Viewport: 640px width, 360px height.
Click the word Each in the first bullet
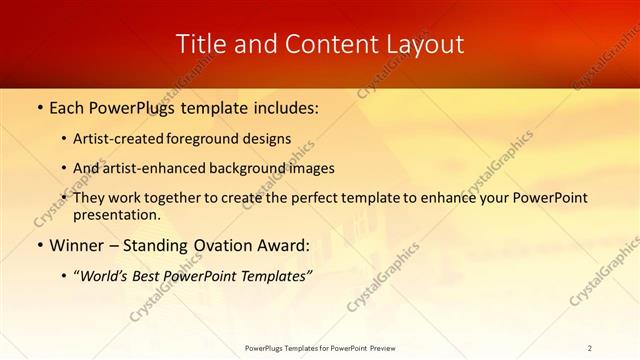point(66,107)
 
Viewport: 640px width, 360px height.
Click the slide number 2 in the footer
point(589,347)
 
